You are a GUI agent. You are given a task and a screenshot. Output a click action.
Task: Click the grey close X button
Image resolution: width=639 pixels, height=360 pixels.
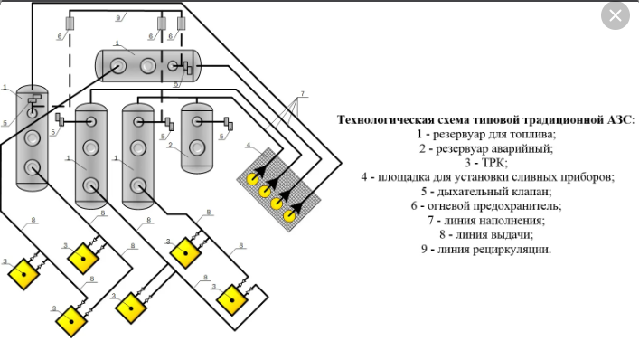tap(615, 15)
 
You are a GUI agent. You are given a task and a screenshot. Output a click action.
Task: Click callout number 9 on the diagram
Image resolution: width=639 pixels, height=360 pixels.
tap(117, 18)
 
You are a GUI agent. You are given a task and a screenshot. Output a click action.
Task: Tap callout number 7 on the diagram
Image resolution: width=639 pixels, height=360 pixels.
tap(302, 94)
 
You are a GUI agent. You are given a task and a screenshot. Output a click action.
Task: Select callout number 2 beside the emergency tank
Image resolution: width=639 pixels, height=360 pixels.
tap(170, 145)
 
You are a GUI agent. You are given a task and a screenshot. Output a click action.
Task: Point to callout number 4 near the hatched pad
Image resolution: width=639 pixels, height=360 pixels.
tap(249, 146)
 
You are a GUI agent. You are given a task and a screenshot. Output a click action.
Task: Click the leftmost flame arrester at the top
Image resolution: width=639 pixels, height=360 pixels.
tap(70, 24)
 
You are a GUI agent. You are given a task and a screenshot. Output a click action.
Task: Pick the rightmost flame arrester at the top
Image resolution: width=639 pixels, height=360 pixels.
tap(182, 24)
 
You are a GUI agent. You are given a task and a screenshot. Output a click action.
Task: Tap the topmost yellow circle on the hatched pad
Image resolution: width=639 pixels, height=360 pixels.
tap(253, 178)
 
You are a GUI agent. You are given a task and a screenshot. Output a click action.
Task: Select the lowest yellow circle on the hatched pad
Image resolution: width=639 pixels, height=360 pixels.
tap(289, 215)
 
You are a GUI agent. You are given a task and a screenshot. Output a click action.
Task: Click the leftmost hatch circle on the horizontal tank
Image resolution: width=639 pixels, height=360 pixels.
tap(118, 66)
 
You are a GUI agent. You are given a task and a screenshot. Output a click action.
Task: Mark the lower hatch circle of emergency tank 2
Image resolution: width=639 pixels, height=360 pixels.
tap(197, 147)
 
